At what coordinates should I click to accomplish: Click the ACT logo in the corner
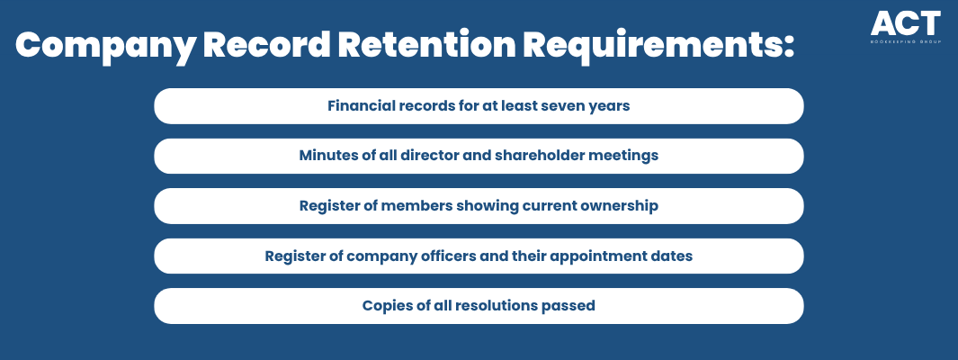point(906,27)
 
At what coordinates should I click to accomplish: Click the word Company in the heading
point(104,45)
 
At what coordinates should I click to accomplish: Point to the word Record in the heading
point(266,44)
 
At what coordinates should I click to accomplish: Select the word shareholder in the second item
point(539,155)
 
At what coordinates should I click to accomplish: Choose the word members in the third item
point(408,205)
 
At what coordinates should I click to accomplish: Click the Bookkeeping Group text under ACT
point(906,42)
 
